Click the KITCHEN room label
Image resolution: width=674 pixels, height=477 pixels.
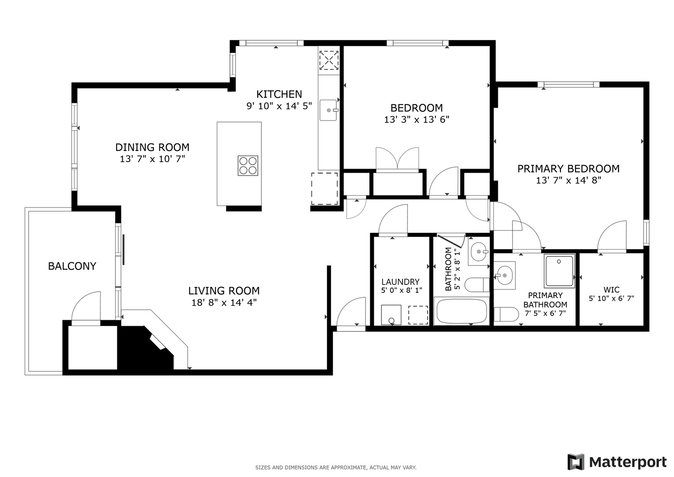pos(279,94)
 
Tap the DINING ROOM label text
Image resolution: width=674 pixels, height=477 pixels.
pos(152,147)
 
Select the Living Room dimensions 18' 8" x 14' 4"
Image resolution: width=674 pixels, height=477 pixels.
pos(224,303)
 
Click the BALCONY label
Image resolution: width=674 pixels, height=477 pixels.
pos(72,266)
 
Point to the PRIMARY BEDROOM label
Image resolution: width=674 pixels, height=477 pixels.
pos(568,169)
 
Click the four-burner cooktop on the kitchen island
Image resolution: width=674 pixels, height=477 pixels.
pos(248,166)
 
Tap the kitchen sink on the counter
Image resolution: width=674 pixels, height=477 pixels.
pos(328,110)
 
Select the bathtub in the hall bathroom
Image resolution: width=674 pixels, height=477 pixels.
pos(461,312)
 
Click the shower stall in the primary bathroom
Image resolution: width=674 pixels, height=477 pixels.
pos(559,270)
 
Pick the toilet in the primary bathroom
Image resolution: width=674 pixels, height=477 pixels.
pos(506,314)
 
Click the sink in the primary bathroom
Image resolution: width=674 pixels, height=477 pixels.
pos(504,276)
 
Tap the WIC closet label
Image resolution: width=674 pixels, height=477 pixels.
pos(611,290)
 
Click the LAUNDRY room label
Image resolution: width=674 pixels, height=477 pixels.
pos(400,282)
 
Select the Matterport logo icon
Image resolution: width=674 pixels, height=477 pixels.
pos(576,462)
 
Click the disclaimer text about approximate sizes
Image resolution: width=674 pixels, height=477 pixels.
pos(335,467)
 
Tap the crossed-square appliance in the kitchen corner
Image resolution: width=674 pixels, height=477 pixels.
pos(328,60)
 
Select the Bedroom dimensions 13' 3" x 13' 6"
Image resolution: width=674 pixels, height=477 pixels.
pos(416,119)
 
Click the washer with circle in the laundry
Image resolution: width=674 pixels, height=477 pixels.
pos(391,315)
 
